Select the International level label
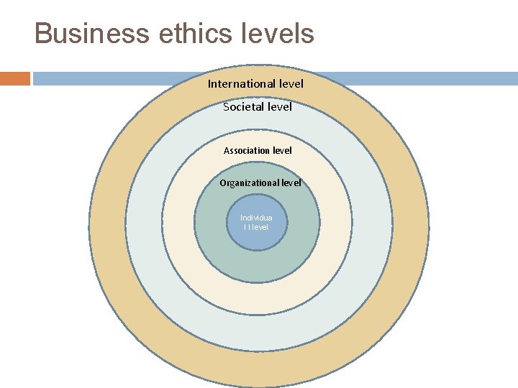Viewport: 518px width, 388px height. click(255, 83)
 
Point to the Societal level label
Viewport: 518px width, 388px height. click(258, 107)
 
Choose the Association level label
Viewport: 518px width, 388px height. click(258, 150)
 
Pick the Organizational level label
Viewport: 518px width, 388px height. click(260, 183)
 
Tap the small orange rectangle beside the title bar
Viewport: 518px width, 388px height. click(14, 78)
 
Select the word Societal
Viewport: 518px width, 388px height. click(243, 107)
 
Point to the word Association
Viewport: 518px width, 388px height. click(245, 150)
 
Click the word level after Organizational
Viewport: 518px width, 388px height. click(291, 183)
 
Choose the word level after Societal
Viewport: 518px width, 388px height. click(279, 107)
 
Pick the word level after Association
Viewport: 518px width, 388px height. click(280, 150)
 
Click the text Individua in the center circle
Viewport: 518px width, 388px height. click(256, 218)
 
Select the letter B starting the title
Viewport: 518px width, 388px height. click(42, 34)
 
